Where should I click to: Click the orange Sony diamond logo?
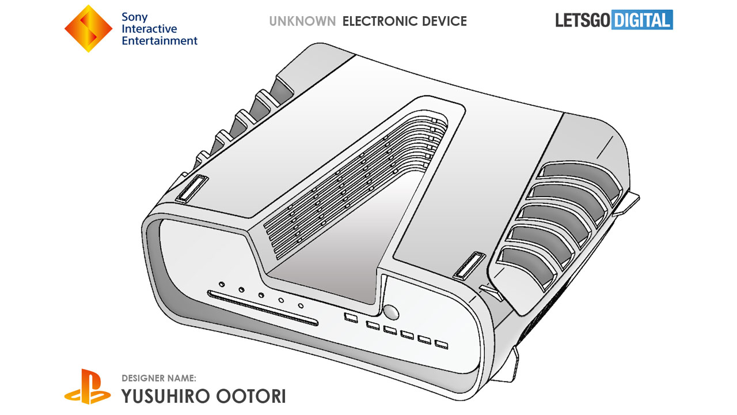88,29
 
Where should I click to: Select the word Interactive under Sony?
149,29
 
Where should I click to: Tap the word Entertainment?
159,41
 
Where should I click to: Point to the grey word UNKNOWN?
302,22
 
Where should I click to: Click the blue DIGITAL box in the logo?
642,21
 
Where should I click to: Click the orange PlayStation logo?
87,386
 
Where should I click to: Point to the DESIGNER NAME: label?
159,378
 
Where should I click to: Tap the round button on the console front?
391,312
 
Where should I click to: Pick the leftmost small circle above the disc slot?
222,284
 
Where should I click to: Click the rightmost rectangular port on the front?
441,345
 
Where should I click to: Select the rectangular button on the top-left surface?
191,188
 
